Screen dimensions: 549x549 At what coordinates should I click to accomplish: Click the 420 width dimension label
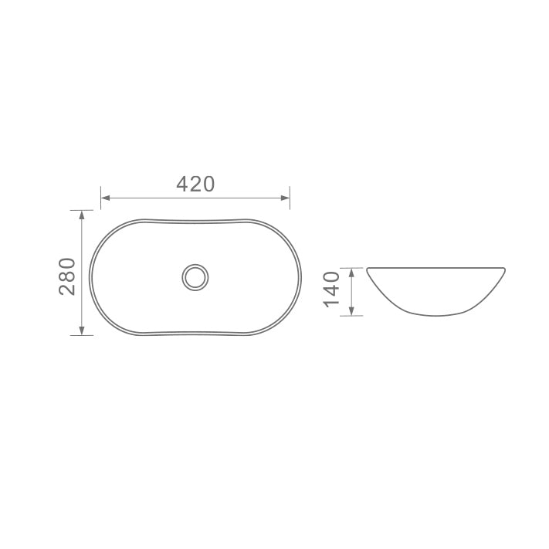[x=195, y=185]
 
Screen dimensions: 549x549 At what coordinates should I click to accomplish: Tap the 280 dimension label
[x=67, y=276]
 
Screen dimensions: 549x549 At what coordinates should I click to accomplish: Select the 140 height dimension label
[x=332, y=290]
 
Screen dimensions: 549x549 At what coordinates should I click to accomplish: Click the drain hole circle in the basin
[x=195, y=277]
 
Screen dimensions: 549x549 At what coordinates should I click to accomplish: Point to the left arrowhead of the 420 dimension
[x=105, y=198]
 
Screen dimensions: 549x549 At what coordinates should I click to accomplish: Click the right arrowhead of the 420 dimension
[x=286, y=198]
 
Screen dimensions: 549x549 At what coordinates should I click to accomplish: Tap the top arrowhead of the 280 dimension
[x=82, y=215]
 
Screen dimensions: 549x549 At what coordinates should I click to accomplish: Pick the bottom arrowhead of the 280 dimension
[x=82, y=331]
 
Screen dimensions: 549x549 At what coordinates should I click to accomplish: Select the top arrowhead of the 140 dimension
[x=351, y=273]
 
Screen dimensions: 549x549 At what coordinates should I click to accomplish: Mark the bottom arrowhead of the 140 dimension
[x=351, y=311]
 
